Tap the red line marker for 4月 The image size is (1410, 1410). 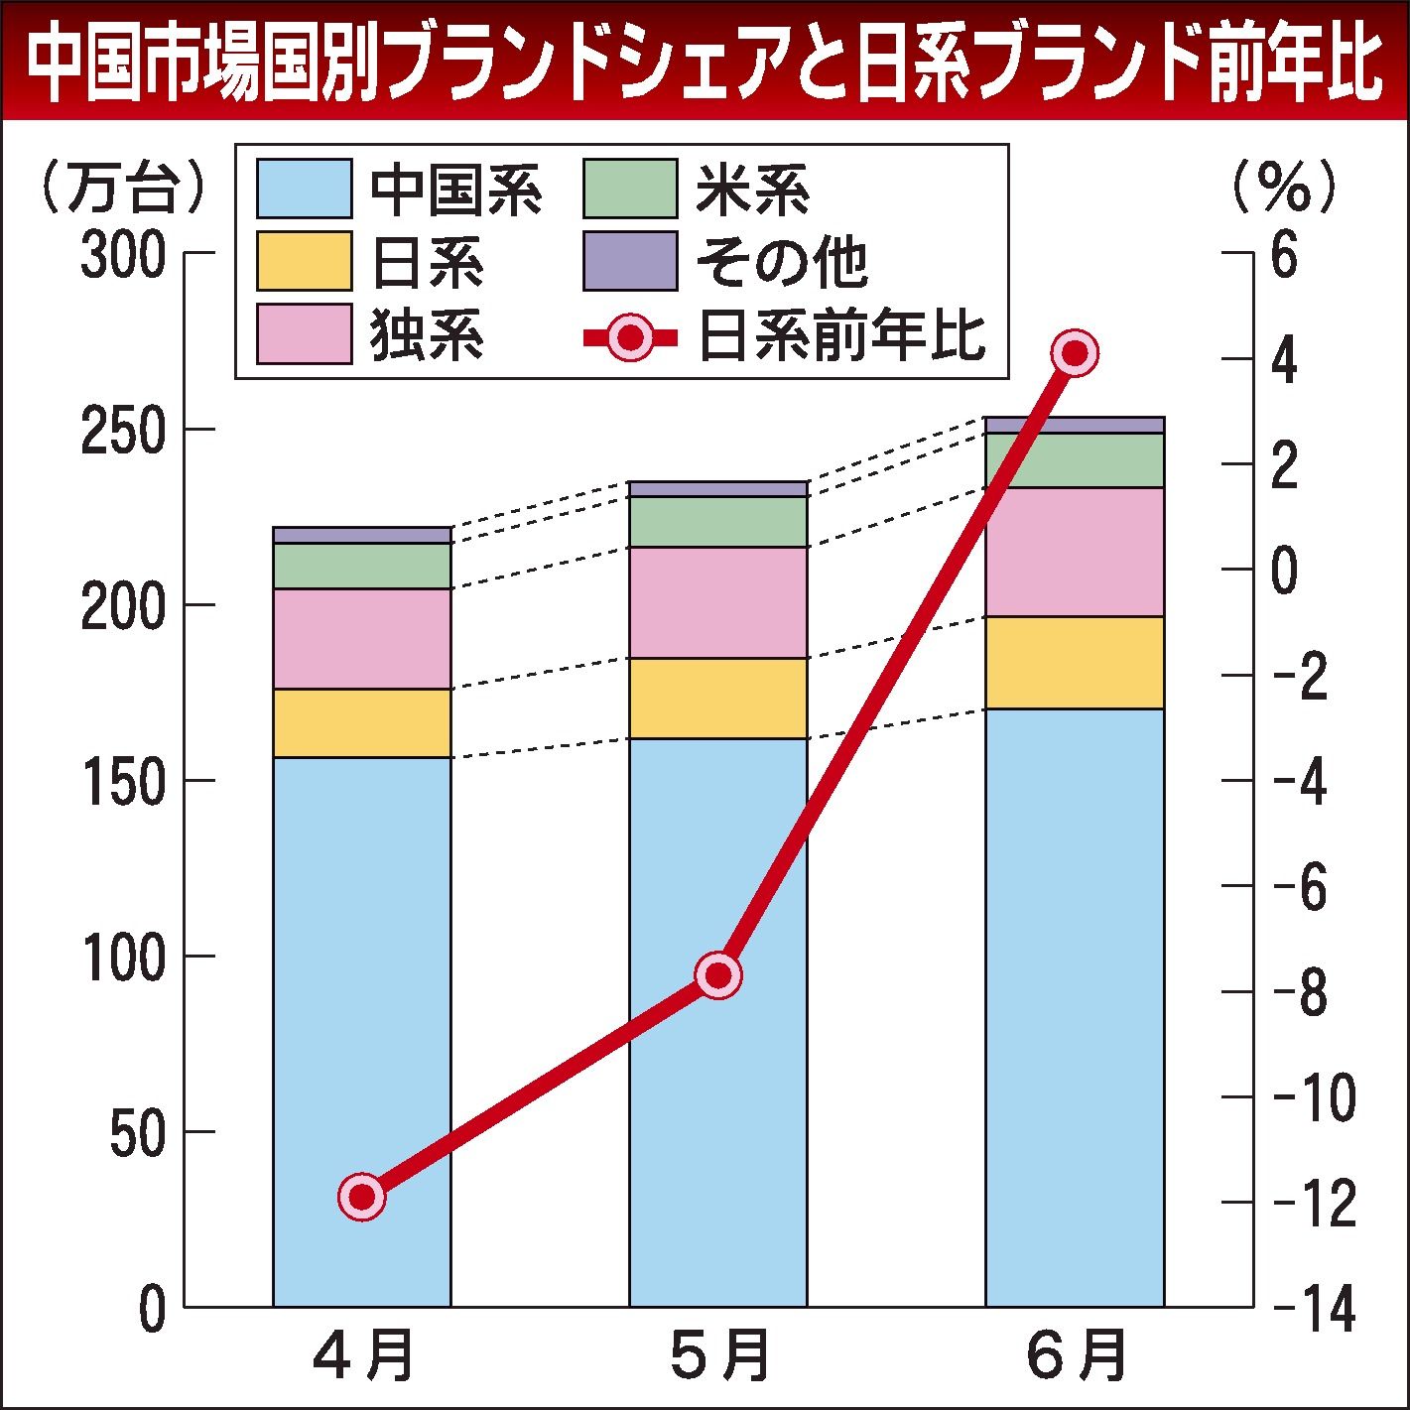362,1197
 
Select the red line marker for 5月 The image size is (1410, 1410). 718,975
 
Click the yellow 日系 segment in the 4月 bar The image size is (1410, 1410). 362,723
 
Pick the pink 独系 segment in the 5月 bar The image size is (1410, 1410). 718,602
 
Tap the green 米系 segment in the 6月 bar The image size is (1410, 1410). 1075,460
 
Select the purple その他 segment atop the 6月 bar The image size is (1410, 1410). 1075,426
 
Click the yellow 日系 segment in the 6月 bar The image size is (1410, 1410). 1075,662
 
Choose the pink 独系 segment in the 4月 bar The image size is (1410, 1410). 362,638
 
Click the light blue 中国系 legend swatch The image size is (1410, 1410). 304,189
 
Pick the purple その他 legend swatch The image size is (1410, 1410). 630,261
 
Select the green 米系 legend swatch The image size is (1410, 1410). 630,189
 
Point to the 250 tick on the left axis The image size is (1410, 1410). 121,431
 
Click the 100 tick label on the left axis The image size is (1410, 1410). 121,958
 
